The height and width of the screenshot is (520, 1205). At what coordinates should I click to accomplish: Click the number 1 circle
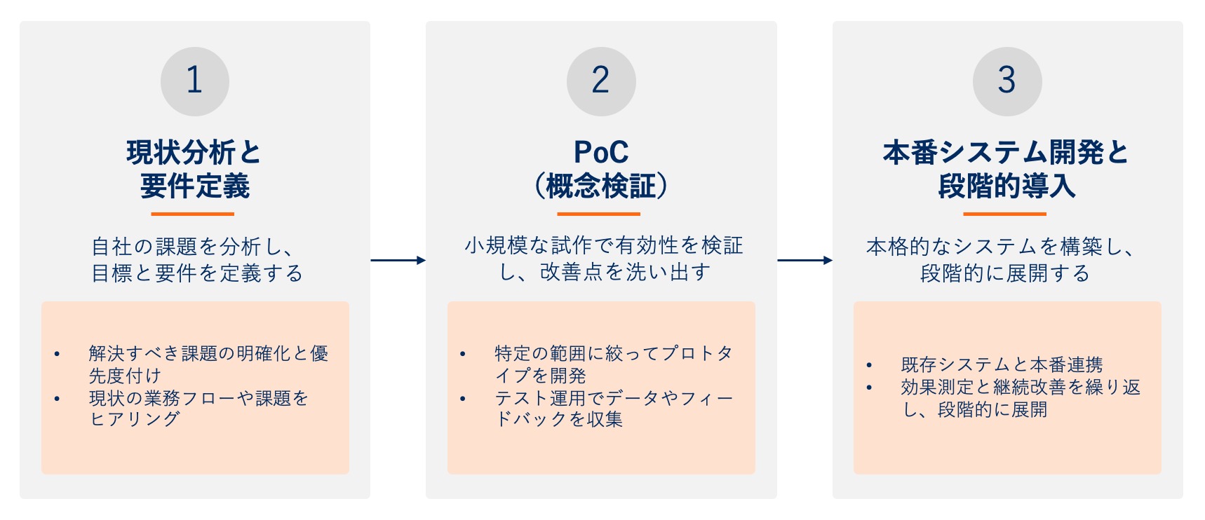click(195, 81)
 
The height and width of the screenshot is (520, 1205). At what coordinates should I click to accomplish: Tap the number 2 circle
click(601, 81)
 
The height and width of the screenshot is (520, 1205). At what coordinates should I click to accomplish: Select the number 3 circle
click(1007, 81)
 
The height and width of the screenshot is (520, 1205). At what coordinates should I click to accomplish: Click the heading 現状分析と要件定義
click(194, 169)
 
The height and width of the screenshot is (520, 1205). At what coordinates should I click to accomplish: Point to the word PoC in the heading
click(601, 152)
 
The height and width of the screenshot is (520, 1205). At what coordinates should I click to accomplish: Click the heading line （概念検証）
click(601, 186)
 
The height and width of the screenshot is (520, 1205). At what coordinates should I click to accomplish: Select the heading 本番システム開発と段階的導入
click(1007, 169)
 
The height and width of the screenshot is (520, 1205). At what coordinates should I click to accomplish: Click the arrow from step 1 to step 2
click(398, 261)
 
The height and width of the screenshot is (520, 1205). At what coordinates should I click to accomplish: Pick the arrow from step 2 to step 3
click(805, 261)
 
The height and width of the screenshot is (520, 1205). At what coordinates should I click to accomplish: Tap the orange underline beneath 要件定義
click(192, 214)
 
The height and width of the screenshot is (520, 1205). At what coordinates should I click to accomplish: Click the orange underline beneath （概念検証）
click(598, 214)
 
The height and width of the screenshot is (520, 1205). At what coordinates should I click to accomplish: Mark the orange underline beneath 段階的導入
click(1004, 214)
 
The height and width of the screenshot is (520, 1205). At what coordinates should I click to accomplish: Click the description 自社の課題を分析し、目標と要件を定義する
click(196, 259)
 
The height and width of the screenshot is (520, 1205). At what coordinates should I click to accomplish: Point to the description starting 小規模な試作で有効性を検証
click(603, 259)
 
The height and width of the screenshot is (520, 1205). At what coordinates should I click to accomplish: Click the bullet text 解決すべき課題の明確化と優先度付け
click(208, 364)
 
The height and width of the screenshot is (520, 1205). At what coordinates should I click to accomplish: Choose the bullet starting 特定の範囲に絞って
click(614, 364)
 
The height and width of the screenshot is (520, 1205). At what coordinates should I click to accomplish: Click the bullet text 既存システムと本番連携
click(1002, 365)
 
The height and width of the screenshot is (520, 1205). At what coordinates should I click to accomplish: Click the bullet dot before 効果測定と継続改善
click(869, 388)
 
